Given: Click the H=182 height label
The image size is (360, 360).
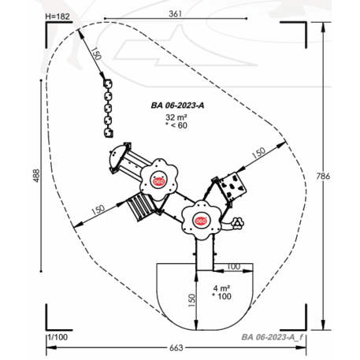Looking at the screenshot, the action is point(58,17).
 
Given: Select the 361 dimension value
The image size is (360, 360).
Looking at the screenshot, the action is point(175,13).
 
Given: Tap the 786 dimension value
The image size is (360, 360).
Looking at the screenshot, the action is point(323,176).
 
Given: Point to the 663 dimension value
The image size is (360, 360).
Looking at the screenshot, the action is point(176,348).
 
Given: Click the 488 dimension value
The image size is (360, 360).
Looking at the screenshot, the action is point(36,176).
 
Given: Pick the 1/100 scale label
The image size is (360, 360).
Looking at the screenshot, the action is point(58,337).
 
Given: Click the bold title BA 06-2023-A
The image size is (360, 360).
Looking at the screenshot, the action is point(177,106).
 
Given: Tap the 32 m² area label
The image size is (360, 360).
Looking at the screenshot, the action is point(176,117).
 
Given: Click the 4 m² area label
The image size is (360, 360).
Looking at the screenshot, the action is point(221,288).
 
